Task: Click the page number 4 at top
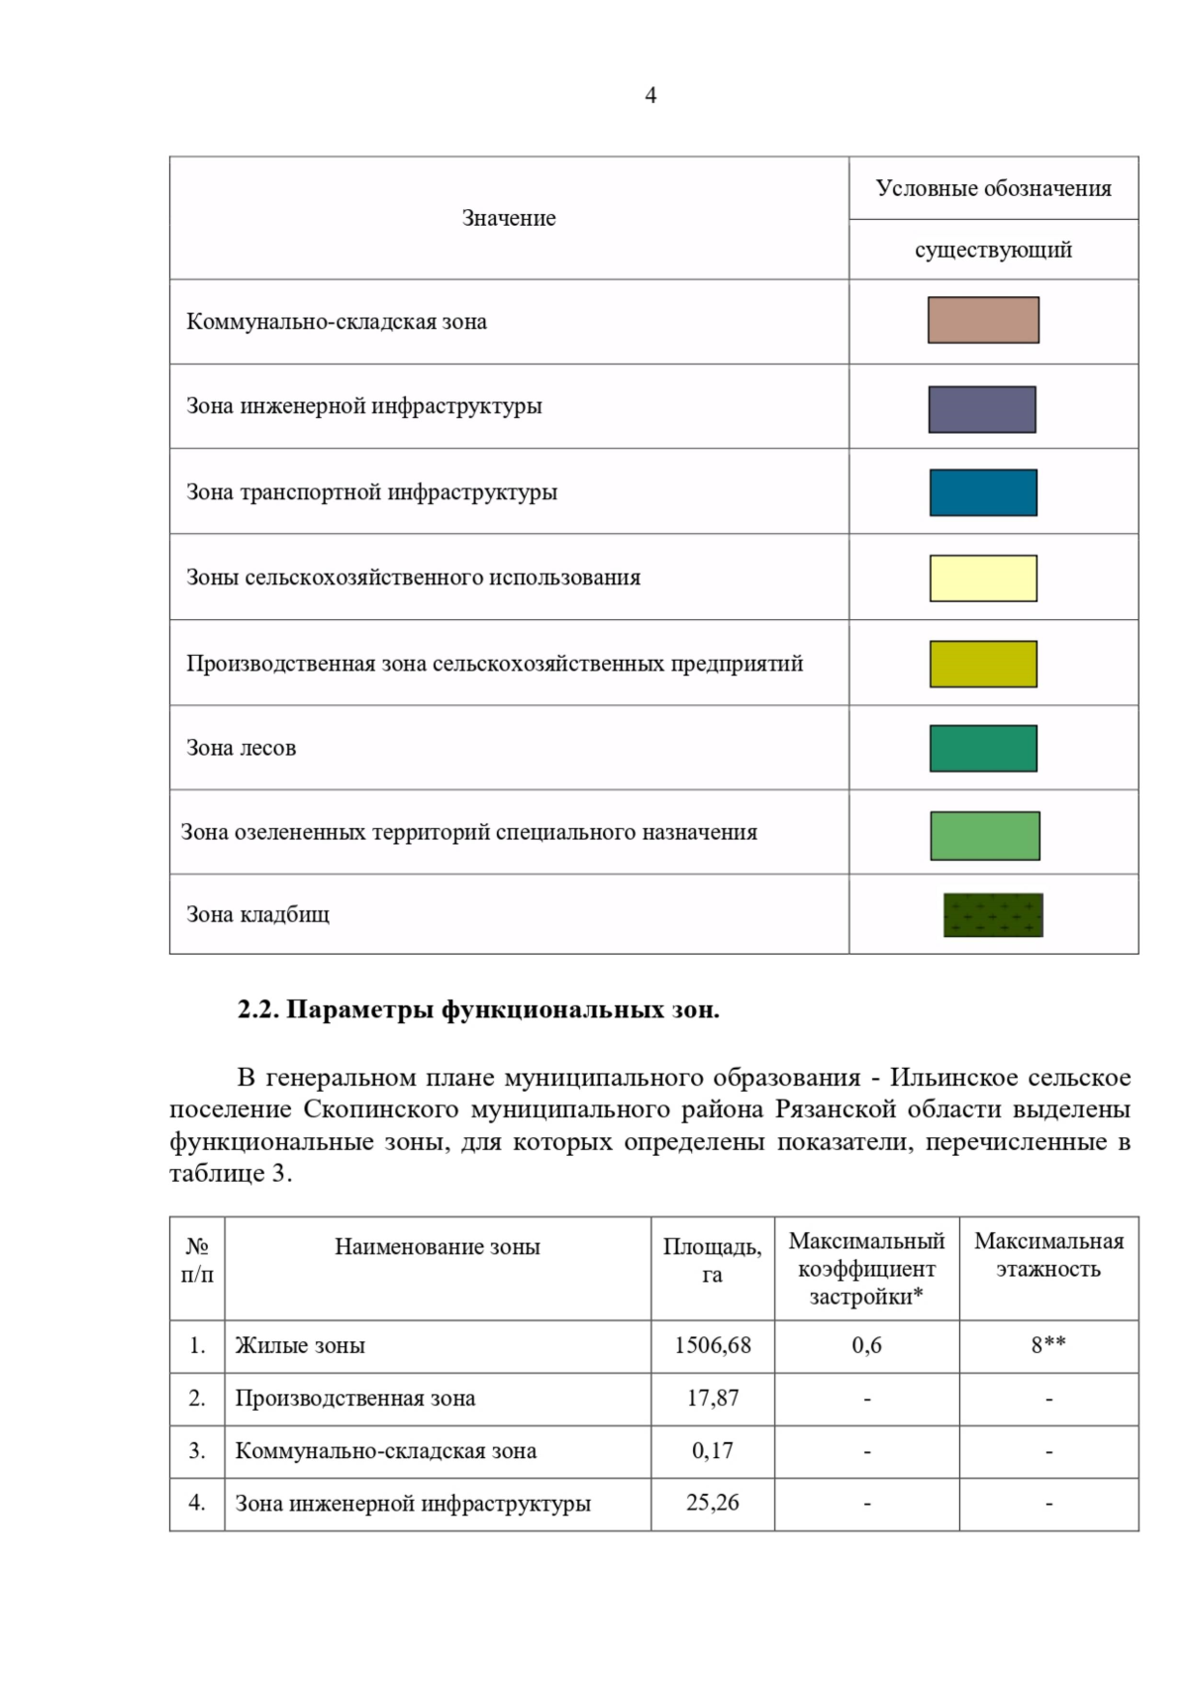[x=650, y=95]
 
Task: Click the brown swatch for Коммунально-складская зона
[x=983, y=320]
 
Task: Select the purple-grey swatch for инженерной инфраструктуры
[x=982, y=409]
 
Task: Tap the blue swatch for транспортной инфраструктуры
[x=983, y=492]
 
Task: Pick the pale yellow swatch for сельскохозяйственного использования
[x=983, y=578]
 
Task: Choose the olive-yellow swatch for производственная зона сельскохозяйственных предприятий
[x=983, y=664]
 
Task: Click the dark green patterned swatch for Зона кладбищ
[x=993, y=915]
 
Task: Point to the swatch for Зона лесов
[x=983, y=748]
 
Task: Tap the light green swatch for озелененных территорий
[x=985, y=835]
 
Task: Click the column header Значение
[x=509, y=218]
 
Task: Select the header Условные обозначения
[x=993, y=188]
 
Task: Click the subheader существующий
[x=993, y=250]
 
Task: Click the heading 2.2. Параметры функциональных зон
[x=478, y=1009]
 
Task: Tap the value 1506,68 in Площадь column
[x=713, y=1345]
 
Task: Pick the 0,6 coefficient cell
[x=866, y=1345]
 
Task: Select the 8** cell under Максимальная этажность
[x=1048, y=1345]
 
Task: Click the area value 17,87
[x=713, y=1398]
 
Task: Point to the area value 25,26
[x=713, y=1503]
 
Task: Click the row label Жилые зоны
[x=300, y=1345]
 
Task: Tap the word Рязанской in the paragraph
[x=836, y=1109]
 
